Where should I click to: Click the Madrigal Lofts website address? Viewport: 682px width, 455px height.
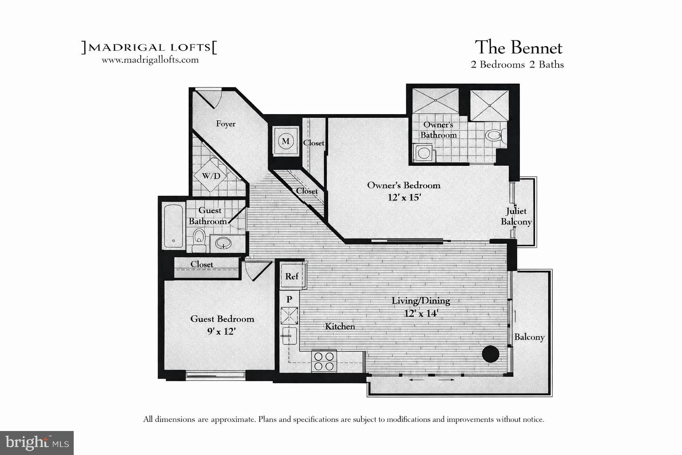(x=150, y=60)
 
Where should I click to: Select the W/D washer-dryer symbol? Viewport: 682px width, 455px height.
(x=211, y=176)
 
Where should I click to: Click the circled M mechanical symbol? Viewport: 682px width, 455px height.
(x=285, y=141)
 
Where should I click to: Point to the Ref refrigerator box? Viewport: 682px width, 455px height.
(x=292, y=276)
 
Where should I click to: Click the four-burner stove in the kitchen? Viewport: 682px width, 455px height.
(x=324, y=361)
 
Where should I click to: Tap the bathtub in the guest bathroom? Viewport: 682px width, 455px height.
(x=173, y=225)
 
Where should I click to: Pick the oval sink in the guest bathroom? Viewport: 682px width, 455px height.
(x=223, y=243)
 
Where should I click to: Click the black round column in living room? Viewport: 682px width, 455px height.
(x=491, y=354)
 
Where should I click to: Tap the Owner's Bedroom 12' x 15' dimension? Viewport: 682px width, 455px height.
(x=404, y=197)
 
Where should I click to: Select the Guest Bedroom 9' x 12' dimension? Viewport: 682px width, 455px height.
(x=222, y=331)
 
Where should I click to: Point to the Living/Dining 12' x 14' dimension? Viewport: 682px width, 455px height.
(x=421, y=313)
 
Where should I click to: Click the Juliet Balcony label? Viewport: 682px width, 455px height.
(x=516, y=216)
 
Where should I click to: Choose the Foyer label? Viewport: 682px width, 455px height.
(x=226, y=124)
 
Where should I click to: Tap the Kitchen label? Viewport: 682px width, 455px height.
(x=340, y=327)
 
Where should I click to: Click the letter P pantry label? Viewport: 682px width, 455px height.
(x=289, y=299)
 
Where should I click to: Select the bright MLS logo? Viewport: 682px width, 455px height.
(x=37, y=443)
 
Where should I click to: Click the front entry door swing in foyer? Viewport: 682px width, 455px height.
(x=210, y=99)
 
